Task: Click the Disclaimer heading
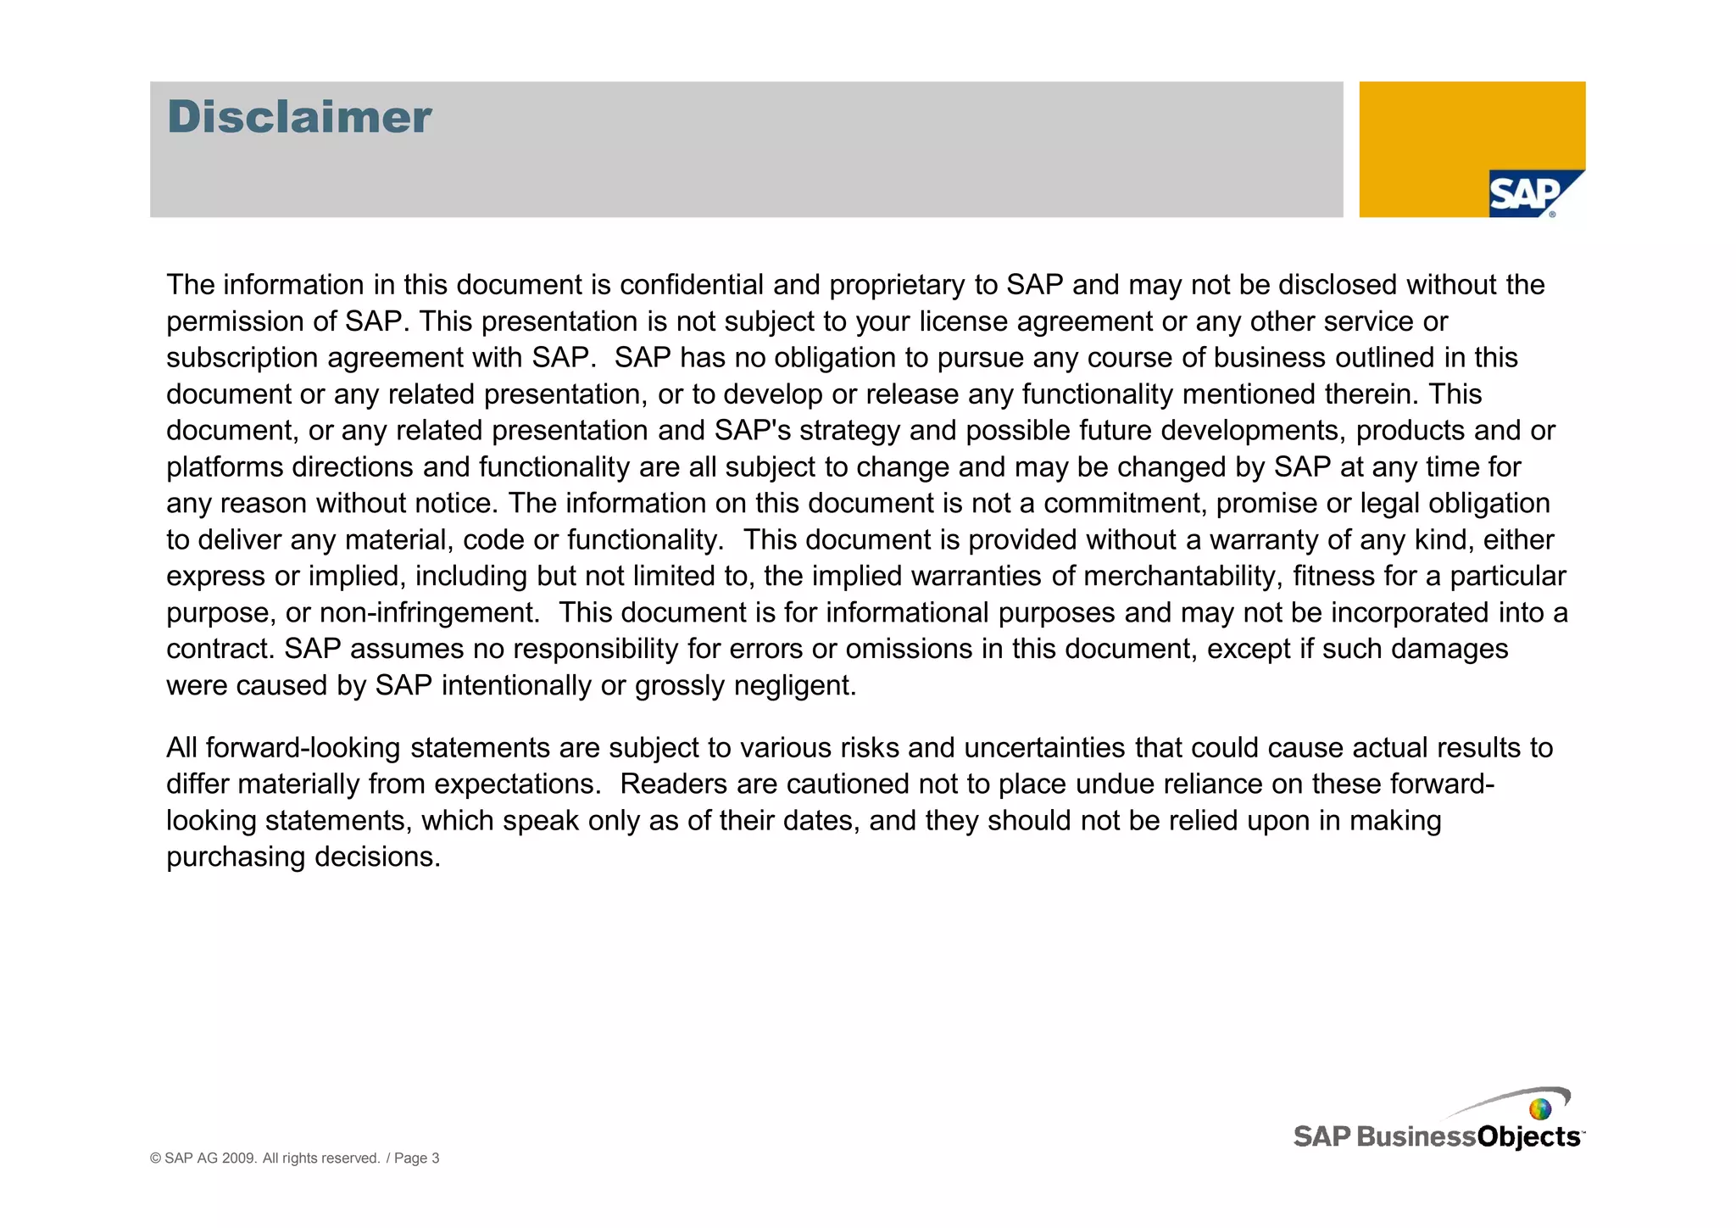[x=299, y=117]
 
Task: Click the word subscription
[x=242, y=358]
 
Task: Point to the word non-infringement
[x=429, y=613]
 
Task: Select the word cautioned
[x=849, y=784]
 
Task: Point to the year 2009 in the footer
[x=239, y=1158]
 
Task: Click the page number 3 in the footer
[x=435, y=1158]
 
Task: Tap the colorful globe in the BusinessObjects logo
[x=1539, y=1109]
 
